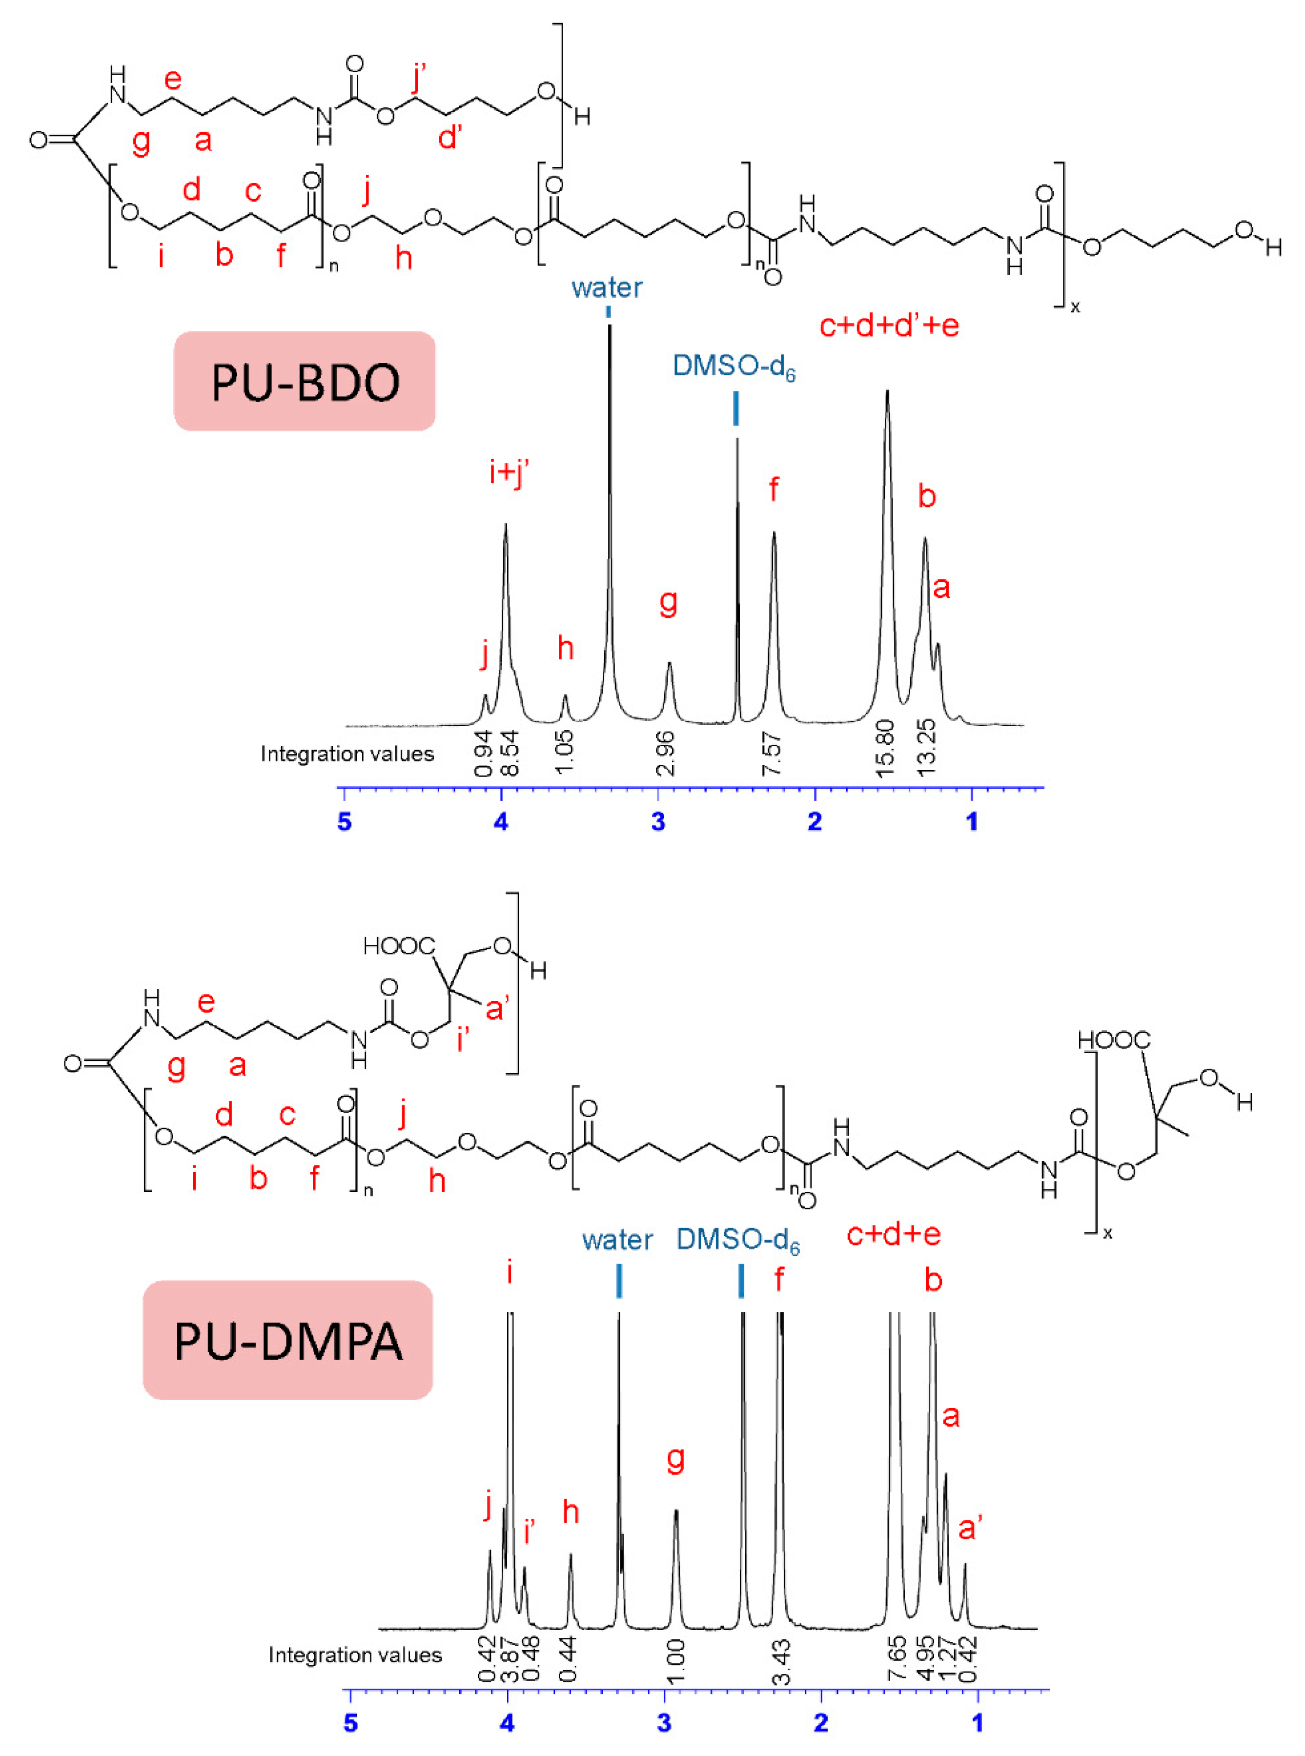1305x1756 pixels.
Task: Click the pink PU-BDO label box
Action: [304, 382]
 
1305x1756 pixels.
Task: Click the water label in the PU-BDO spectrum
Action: [607, 287]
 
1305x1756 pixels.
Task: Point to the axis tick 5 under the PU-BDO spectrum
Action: [345, 821]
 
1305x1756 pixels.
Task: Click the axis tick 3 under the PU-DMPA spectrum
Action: [664, 1722]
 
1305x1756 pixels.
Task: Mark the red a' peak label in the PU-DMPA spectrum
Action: [970, 1529]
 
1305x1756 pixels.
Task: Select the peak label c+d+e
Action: [894, 1234]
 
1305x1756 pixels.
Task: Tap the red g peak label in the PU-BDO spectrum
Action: [668, 602]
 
